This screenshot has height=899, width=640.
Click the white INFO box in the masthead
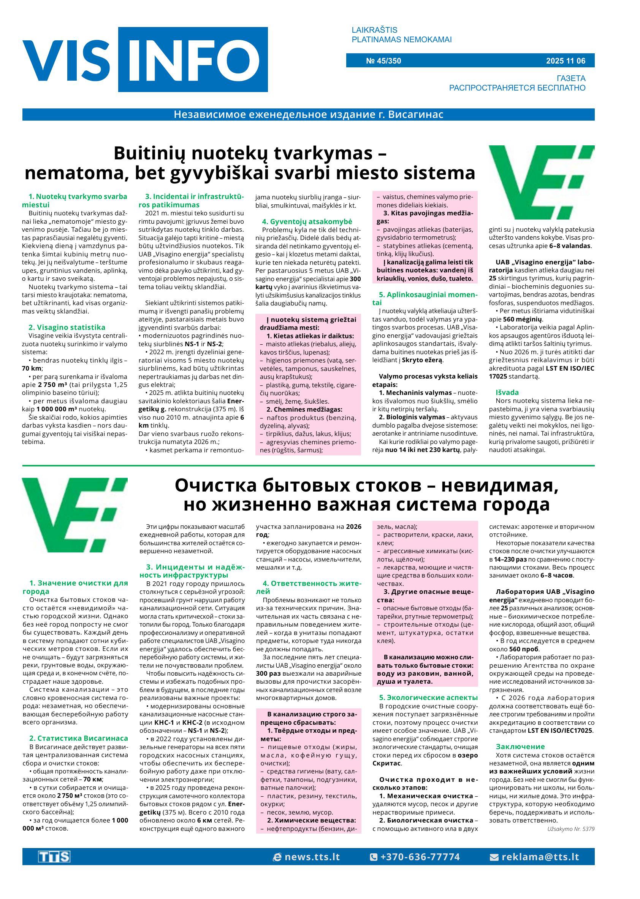coord(193,60)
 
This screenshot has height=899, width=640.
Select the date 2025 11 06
coord(566,61)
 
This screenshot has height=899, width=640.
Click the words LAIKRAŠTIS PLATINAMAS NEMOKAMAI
coord(401,35)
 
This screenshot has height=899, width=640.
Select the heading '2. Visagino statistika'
coord(67,327)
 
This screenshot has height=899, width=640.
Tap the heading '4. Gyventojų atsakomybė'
coord(307,222)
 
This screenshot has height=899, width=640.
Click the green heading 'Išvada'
coord(507,392)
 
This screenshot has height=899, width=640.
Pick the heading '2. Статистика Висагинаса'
coord(78,738)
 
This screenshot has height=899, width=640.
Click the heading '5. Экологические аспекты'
coord(428,697)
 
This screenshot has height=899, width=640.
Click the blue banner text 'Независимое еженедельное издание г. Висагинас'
coord(308,115)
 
